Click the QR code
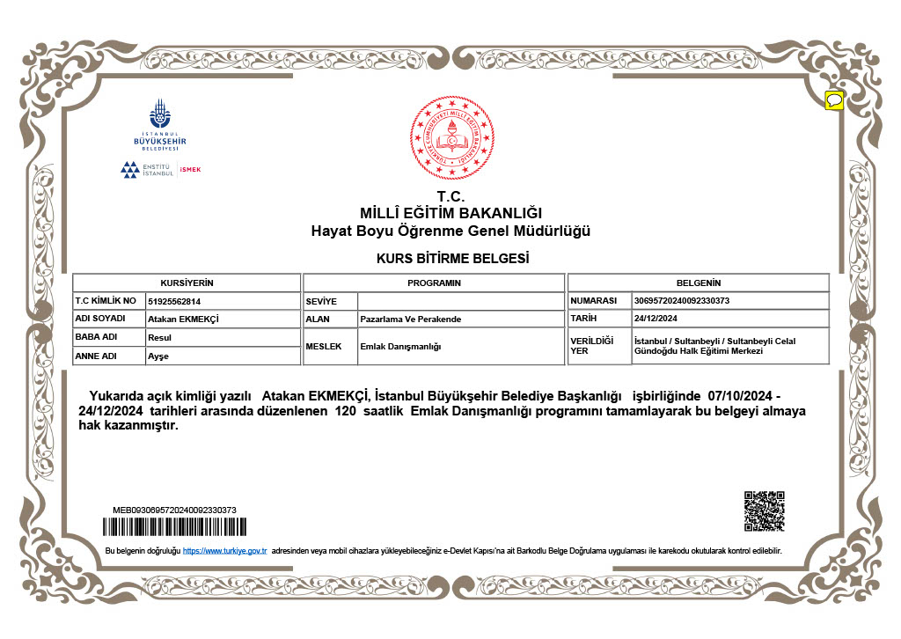pyautogui.click(x=764, y=510)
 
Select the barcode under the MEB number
pyautogui.click(x=174, y=527)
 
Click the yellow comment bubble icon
pyautogui.click(x=834, y=99)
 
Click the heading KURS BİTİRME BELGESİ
pyautogui.click(x=451, y=259)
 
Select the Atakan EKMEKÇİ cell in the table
pyautogui.click(x=183, y=319)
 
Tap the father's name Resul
pyautogui.click(x=159, y=337)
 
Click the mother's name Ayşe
pyautogui.click(x=158, y=356)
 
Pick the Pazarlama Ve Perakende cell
pyautogui.click(x=411, y=319)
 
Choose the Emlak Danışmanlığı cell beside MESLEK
pyautogui.click(x=400, y=347)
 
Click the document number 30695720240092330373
pyautogui.click(x=681, y=301)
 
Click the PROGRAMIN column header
pyautogui.click(x=434, y=283)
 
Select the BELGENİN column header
pyautogui.click(x=698, y=283)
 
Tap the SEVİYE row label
pyautogui.click(x=316, y=301)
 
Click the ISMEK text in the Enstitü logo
pyautogui.click(x=190, y=170)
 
